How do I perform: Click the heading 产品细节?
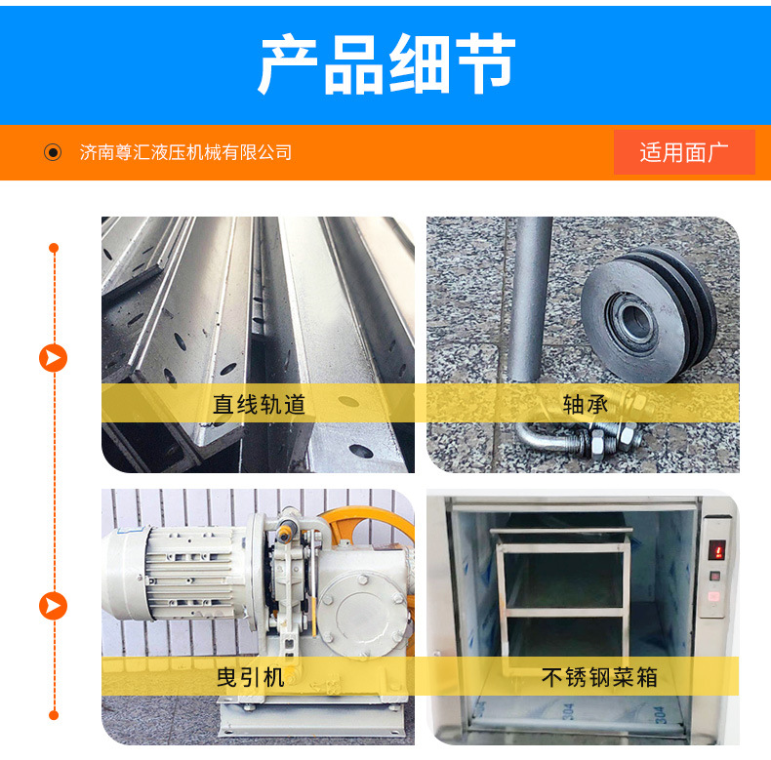(386, 63)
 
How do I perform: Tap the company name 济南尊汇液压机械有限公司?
(185, 152)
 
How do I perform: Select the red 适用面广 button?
(684, 152)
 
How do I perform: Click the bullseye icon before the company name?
(53, 152)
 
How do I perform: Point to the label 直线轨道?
(260, 404)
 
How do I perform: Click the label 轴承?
(586, 404)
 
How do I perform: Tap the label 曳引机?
(251, 677)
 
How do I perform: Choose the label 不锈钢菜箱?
(599, 677)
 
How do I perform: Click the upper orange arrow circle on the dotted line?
(53, 358)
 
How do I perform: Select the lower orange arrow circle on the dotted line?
(53, 606)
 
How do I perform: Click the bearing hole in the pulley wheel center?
(634, 321)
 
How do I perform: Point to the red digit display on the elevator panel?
(716, 550)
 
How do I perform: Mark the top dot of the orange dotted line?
(54, 248)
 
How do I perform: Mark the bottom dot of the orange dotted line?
(54, 715)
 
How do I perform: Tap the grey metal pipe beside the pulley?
(529, 300)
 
